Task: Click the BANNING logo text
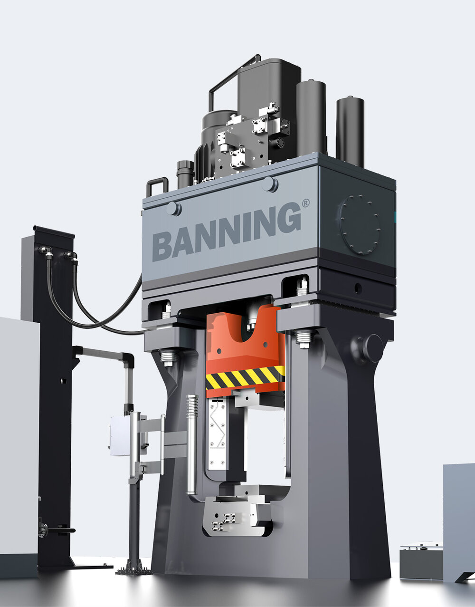pyautogui.click(x=227, y=232)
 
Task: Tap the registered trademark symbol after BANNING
pyautogui.click(x=306, y=203)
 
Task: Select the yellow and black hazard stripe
pyautogui.click(x=245, y=376)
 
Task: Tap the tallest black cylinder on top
pyautogui.click(x=350, y=131)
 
